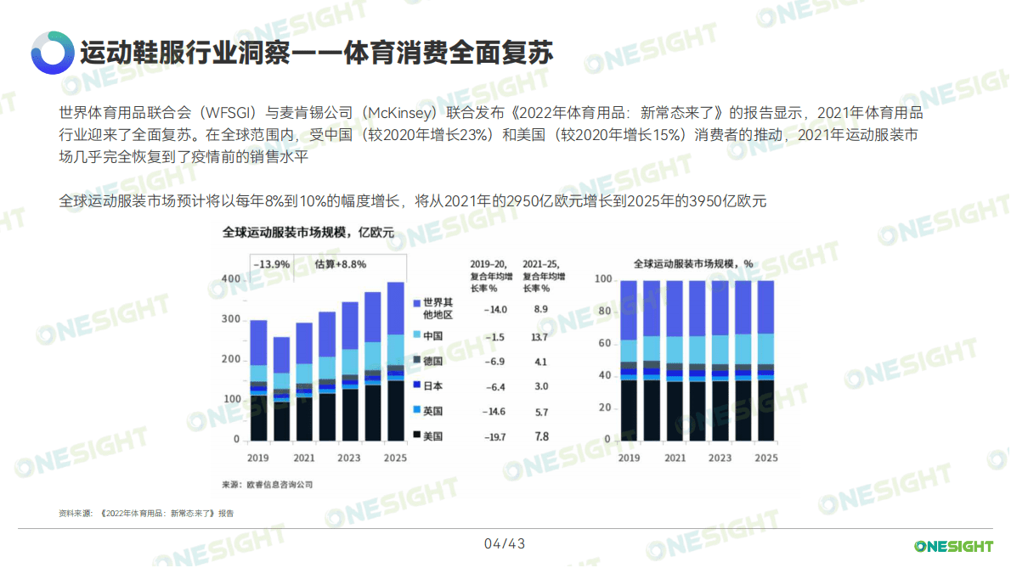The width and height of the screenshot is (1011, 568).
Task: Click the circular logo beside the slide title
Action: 52,53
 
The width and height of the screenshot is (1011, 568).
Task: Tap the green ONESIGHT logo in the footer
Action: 953,546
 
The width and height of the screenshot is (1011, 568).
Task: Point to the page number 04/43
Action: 505,543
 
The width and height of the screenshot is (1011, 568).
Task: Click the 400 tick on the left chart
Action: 230,278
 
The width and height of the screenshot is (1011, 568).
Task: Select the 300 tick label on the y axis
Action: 230,319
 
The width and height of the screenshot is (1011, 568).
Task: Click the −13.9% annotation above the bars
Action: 271,264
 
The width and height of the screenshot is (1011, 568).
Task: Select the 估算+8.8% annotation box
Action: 341,264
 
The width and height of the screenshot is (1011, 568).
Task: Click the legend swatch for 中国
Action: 416,336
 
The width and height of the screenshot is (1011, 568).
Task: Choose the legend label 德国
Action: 433,361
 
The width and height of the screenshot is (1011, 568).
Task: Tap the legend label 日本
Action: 433,386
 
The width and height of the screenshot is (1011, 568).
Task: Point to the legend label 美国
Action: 433,436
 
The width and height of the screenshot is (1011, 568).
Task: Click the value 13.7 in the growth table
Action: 540,337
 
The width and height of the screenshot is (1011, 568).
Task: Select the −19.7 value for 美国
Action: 494,437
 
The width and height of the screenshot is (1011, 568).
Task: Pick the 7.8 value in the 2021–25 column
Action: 541,437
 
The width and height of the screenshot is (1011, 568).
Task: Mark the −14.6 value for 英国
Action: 494,412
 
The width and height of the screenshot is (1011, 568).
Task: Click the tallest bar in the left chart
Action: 395,361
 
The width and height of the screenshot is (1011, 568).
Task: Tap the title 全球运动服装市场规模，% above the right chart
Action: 693,263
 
